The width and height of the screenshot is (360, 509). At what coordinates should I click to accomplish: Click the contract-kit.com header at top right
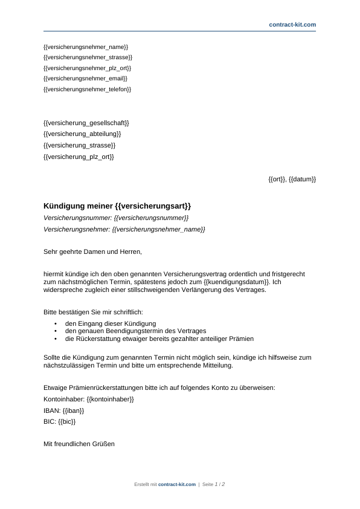coord(292,24)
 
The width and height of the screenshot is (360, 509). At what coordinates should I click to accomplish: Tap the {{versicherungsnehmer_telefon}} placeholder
coord(88,89)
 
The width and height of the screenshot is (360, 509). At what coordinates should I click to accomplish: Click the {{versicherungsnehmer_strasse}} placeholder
coord(88,57)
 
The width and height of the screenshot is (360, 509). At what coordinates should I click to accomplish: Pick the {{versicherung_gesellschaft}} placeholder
coord(86,123)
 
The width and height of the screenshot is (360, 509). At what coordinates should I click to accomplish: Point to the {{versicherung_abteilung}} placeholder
coord(82,134)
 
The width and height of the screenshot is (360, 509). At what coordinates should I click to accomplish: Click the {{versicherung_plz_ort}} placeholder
coord(79,157)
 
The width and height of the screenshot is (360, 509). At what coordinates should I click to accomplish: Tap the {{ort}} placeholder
coord(277,180)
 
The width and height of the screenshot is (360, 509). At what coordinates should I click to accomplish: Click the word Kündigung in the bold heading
coord(64,206)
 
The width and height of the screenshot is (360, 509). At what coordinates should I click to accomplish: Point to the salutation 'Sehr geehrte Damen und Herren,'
coord(92,251)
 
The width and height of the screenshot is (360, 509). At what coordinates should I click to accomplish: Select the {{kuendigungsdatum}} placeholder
coord(237,282)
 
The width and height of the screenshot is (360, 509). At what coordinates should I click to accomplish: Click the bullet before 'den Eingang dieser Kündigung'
coord(56,324)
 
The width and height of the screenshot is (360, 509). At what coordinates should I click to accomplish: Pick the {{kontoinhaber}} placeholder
coord(110,400)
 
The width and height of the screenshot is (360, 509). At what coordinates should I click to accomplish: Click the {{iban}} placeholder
coord(73,410)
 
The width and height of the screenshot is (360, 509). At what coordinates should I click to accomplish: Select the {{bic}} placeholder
coord(68,422)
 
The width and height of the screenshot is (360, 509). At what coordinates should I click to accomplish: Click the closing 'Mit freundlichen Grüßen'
coord(79,444)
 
